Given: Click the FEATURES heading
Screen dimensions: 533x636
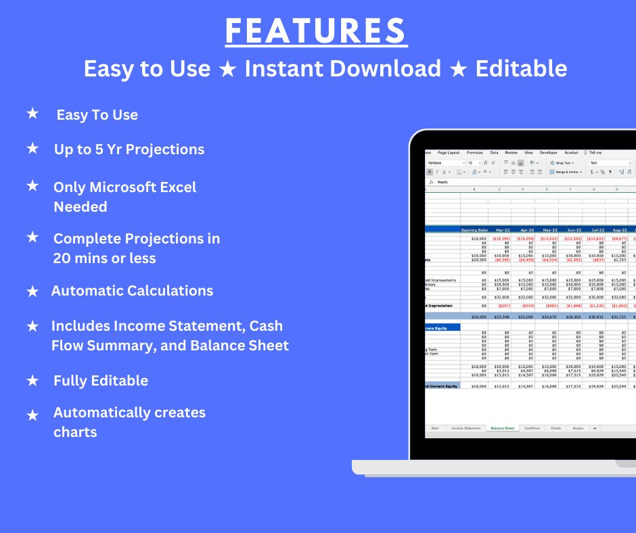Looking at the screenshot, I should [316, 31].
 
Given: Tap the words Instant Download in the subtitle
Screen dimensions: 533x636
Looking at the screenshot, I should [342, 68].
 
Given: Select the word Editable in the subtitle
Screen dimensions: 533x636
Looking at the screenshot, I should [521, 68].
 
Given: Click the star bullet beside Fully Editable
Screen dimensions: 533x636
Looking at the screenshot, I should [32, 381].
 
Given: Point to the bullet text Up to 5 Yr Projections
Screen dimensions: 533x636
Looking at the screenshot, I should [129, 149].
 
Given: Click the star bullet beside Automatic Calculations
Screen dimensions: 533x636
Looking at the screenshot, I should [32, 291].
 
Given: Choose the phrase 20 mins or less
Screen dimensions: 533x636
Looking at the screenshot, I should [104, 258].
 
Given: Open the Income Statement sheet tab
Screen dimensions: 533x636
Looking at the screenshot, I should [465, 428].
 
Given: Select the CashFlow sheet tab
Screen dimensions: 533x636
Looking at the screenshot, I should [532, 428].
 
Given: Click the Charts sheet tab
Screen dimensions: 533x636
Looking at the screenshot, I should [555, 428].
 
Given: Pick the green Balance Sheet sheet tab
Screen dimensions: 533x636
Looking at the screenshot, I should [502, 428].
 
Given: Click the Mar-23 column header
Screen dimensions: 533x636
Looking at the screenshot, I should [503, 230].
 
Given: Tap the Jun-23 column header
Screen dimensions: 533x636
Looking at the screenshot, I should [573, 230].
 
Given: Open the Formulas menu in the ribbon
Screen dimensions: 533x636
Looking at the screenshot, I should [475, 153].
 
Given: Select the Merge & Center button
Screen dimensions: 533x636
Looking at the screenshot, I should [567, 172].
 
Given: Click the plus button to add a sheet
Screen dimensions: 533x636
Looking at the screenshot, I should [595, 428].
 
